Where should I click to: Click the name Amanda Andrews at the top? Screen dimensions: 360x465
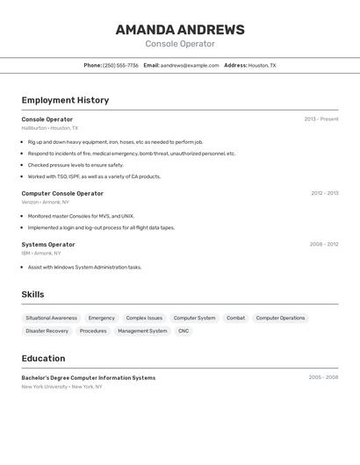(180, 30)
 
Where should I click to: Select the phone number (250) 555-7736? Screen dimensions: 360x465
(120, 65)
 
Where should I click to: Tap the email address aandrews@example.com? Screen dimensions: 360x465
(190, 65)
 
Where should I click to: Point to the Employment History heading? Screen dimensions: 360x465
(65, 100)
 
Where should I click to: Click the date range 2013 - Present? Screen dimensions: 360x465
(321, 119)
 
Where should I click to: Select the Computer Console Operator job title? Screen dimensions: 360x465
(62, 193)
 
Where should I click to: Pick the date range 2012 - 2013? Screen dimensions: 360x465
(324, 193)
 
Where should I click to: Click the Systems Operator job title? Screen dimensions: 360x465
(48, 245)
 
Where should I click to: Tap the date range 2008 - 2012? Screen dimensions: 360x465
(324, 245)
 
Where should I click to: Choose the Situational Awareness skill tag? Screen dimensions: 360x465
(51, 318)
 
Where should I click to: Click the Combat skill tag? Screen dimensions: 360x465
(235, 318)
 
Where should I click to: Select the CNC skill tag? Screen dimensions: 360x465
(184, 331)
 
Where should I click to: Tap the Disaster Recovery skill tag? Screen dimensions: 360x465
(47, 331)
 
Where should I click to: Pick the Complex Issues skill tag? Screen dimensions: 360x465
(144, 318)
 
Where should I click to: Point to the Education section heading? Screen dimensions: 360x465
(43, 358)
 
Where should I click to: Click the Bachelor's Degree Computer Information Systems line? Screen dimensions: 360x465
(88, 378)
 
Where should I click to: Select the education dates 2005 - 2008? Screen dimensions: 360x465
(323, 378)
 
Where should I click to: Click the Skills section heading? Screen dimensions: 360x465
(32, 295)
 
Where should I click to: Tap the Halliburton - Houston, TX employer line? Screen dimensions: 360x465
(49, 128)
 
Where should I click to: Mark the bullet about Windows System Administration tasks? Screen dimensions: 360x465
(84, 267)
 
